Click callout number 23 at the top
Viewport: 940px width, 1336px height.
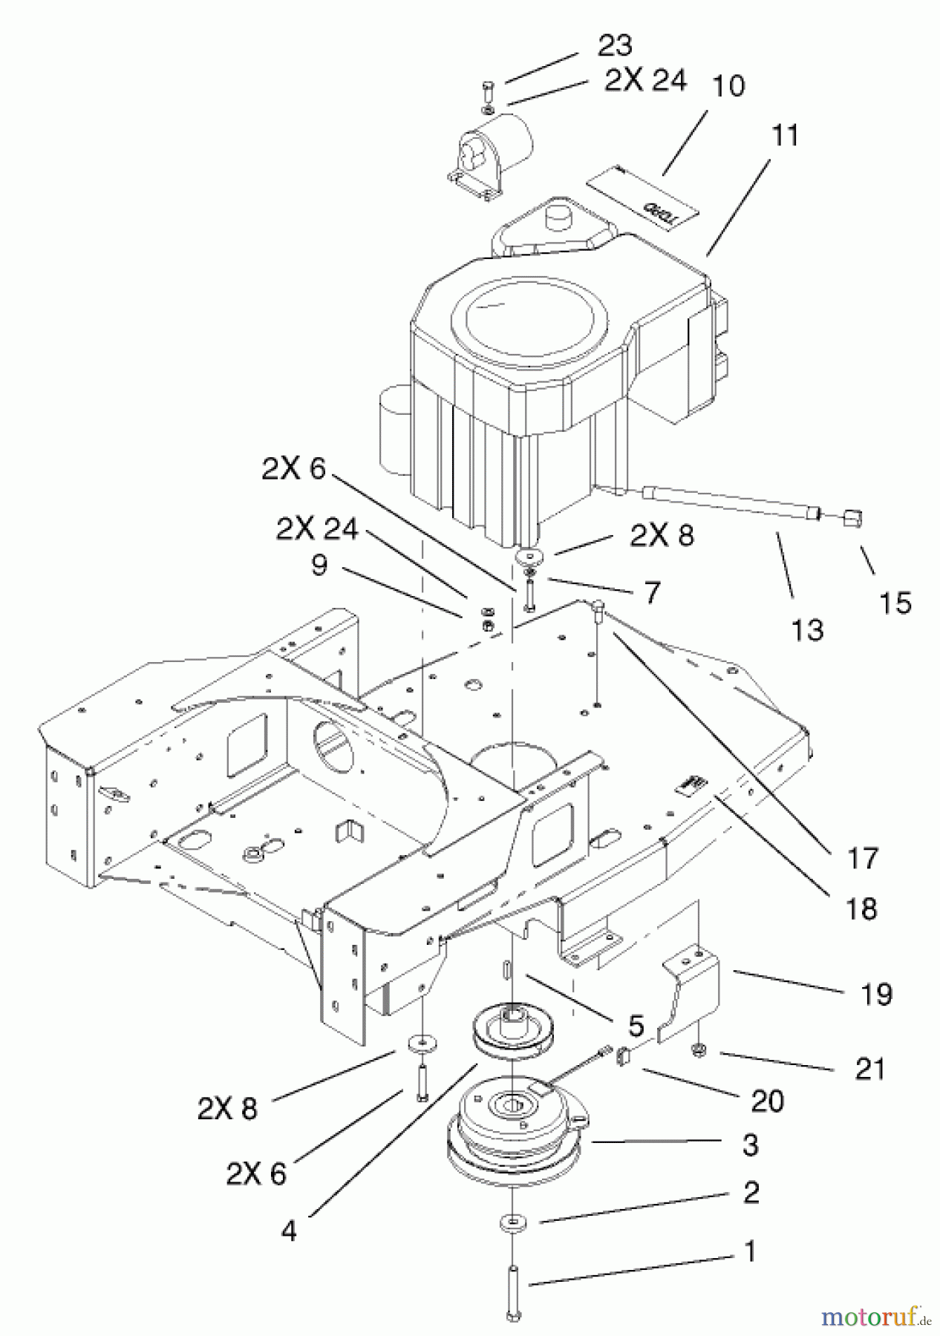pyautogui.click(x=615, y=46)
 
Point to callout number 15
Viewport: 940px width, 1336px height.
pyautogui.click(x=895, y=603)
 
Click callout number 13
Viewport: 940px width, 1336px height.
pyautogui.click(x=807, y=630)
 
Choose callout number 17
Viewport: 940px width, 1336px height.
pyautogui.click(x=863, y=858)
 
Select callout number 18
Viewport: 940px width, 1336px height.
pyautogui.click(x=861, y=908)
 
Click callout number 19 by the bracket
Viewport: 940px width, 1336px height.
pyautogui.click(x=877, y=994)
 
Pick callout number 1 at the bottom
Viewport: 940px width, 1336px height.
pyautogui.click(x=750, y=1252)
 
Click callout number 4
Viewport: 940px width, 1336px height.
pyautogui.click(x=289, y=1231)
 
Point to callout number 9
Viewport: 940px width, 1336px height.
pyautogui.click(x=319, y=567)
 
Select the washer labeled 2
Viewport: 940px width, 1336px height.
pyautogui.click(x=510, y=1222)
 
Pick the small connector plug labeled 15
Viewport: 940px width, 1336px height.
pyautogui.click(x=851, y=517)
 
